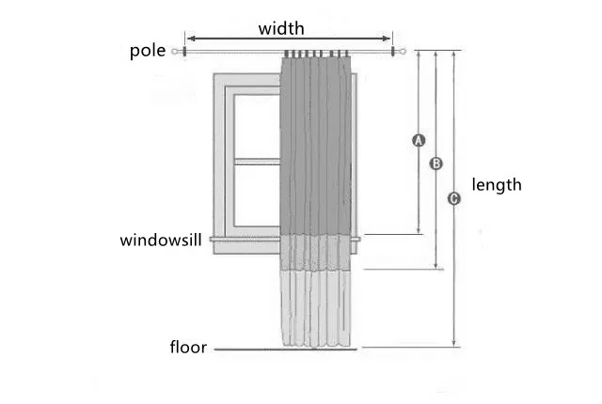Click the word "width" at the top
(x=281, y=28)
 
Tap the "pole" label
(x=147, y=51)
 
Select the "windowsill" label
(x=161, y=241)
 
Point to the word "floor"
(x=188, y=347)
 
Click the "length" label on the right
(x=496, y=185)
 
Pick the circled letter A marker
(x=420, y=141)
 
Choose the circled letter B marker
(x=436, y=163)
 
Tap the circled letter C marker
(x=454, y=198)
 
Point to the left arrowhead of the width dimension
(x=188, y=39)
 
